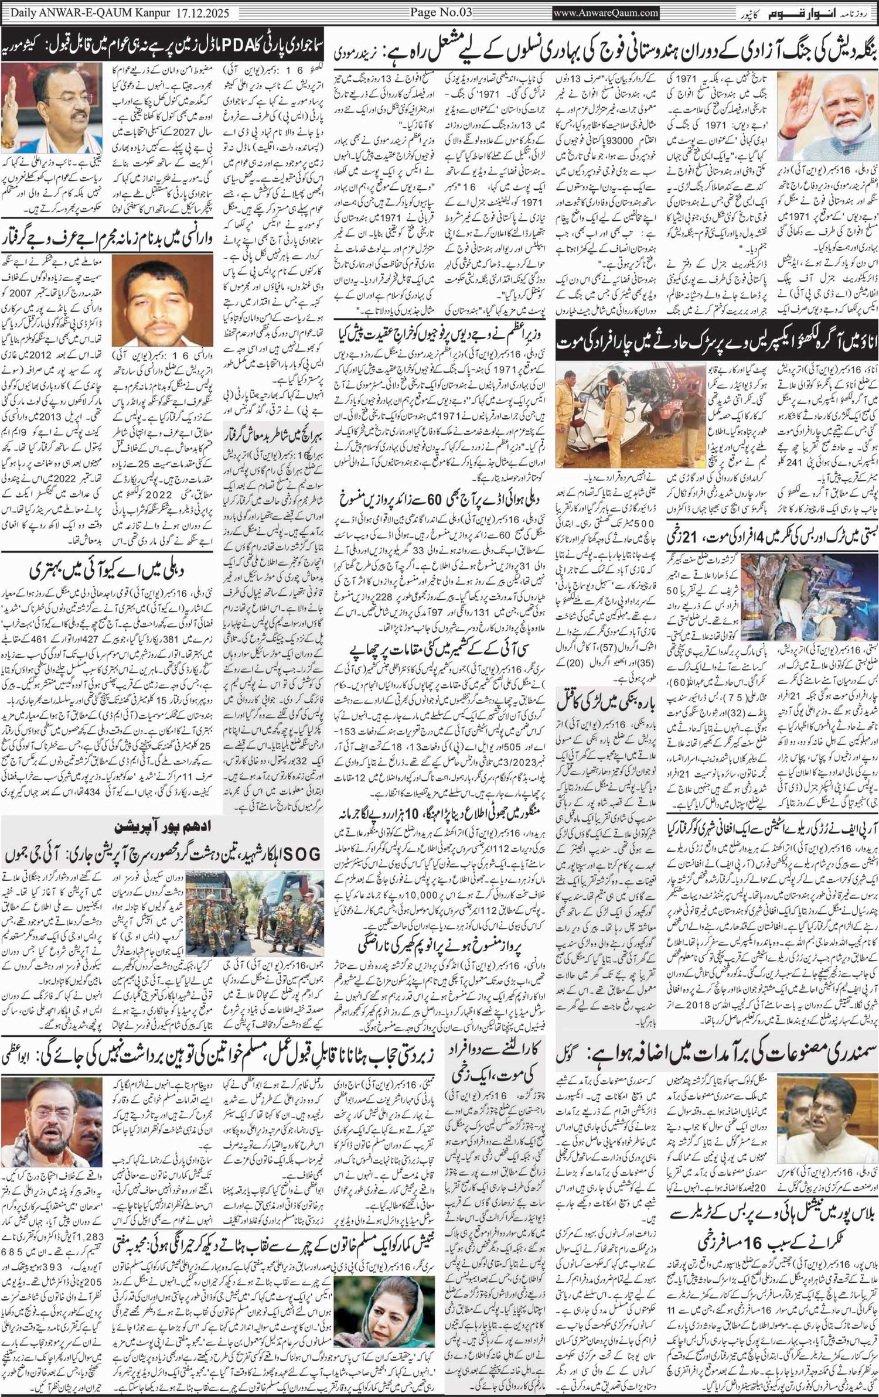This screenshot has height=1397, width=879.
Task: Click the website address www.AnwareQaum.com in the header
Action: tap(605, 12)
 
